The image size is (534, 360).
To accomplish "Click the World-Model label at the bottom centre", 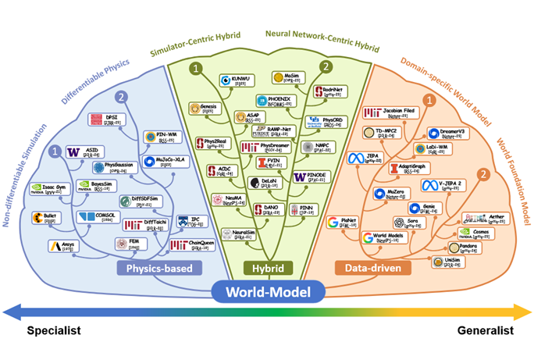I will [x=266, y=293].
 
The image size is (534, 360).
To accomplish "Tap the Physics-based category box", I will [x=159, y=269].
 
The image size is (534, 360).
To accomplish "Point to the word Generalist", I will [x=485, y=330].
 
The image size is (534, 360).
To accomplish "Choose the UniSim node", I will [x=447, y=261].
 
